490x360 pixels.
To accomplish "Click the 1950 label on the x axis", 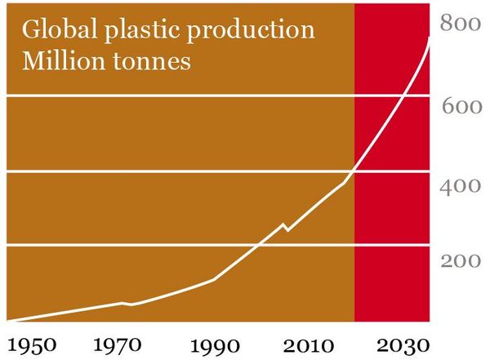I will click(33, 343).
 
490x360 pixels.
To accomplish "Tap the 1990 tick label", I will click(215, 343).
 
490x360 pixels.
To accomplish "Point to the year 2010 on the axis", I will click(306, 343).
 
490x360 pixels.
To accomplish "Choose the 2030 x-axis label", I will click(401, 343).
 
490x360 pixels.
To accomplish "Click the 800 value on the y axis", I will click(461, 24).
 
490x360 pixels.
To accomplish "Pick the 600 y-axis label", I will click(461, 107).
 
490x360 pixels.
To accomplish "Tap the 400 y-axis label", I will click(461, 185).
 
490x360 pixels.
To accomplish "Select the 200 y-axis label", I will click(461, 260).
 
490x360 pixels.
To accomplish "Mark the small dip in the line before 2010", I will click(285, 229).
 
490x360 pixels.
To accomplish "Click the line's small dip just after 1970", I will click(131, 304).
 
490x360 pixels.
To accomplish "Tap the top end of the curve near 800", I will click(430, 38).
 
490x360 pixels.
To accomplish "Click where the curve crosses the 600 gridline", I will click(403, 96).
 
